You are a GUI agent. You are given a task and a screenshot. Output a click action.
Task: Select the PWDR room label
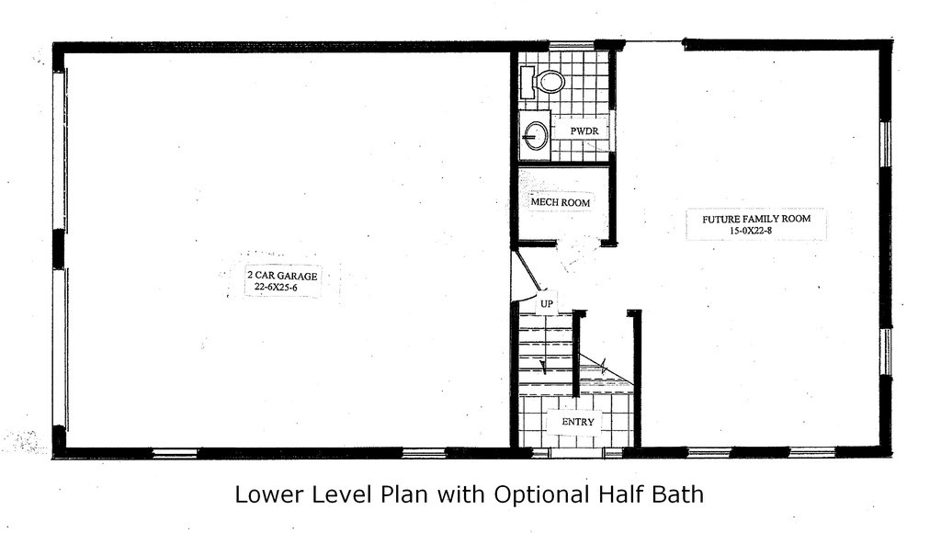coord(584,130)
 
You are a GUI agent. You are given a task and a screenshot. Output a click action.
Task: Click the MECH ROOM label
coord(560,202)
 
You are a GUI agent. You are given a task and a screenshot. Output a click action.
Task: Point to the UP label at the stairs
coord(546,303)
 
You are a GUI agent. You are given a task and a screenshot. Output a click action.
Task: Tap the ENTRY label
coord(578,422)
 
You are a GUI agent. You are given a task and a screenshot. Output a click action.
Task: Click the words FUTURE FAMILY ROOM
coord(756,219)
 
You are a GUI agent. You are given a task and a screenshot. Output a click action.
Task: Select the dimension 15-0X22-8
coord(751,230)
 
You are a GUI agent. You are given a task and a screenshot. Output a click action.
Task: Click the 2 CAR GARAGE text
coord(282,276)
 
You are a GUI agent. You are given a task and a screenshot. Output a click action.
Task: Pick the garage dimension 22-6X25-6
coord(276,287)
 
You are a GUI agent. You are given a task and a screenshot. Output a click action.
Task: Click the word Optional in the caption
coord(540,495)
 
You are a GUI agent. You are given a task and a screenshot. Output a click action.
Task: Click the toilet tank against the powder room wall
coord(527,82)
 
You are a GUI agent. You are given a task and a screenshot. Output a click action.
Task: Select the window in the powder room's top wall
coord(572,44)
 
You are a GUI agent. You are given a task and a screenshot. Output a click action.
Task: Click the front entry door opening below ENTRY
coord(577,452)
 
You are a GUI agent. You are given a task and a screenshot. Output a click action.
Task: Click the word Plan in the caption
coord(403,494)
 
